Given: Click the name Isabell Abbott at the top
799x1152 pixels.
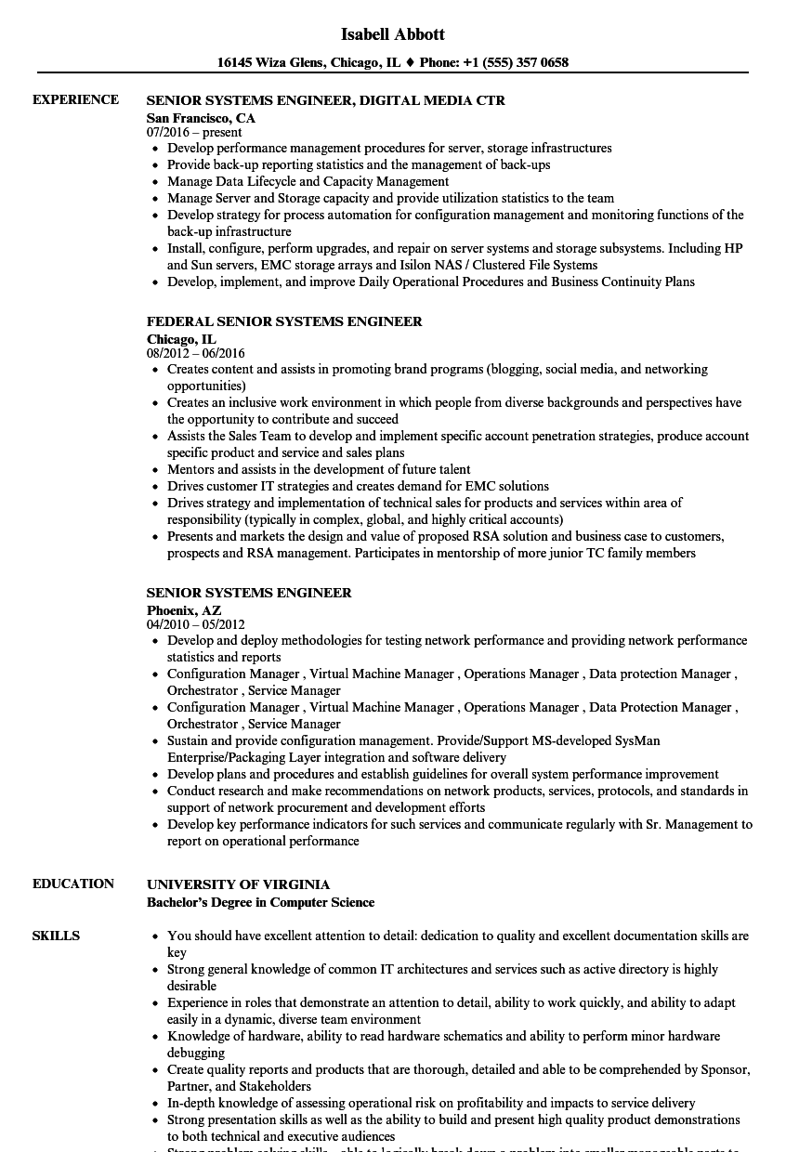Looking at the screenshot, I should pos(393,34).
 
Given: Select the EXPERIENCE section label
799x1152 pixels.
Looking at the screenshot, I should pos(75,100).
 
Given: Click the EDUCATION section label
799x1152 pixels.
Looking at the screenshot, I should pos(73,884).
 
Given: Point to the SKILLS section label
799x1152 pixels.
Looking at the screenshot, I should pos(56,936).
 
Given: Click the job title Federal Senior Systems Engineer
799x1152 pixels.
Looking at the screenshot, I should pos(284,321).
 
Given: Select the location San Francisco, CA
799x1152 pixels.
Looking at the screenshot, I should pos(201,118).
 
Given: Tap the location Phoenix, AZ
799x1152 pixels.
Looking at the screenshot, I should pos(184,610).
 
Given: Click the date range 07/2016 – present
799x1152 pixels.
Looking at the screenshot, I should pos(194,132).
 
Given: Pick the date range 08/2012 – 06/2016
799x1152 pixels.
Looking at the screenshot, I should pos(195,353).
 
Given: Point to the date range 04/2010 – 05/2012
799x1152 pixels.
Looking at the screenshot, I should pos(195,624).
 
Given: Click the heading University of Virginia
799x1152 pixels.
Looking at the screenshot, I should pos(238,884).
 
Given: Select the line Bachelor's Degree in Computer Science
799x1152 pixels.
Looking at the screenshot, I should pos(260,902).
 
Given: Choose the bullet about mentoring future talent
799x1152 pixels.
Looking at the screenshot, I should pos(319,469).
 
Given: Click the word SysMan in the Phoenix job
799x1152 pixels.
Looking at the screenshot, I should pos(637,740).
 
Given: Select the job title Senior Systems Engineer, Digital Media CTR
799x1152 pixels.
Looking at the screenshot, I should pos(325,100).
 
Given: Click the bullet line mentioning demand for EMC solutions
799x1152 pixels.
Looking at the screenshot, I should pos(358,486).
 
